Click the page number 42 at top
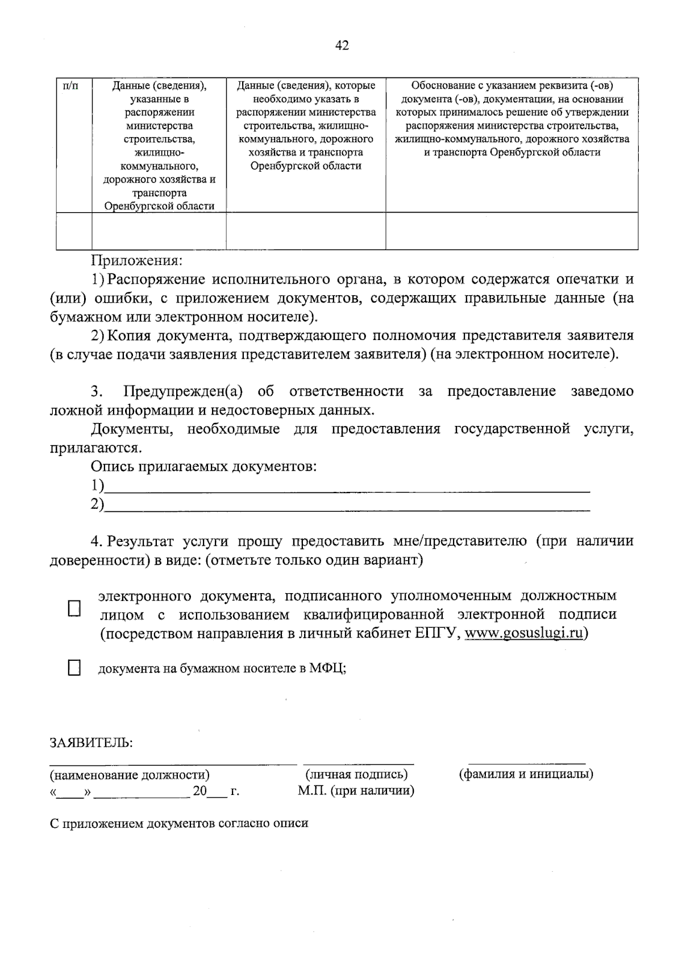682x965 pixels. pyautogui.click(x=342, y=46)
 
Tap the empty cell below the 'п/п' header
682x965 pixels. pyautogui.click(x=74, y=231)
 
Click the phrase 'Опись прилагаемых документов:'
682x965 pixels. pyautogui.click(x=203, y=467)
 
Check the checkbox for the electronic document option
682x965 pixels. pyautogui.click(x=74, y=609)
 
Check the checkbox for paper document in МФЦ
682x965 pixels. pyautogui.click(x=74, y=668)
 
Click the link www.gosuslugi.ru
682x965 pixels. pyautogui.click(x=523, y=633)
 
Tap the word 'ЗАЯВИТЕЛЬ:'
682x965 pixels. pyautogui.click(x=91, y=743)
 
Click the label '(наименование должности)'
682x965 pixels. pyautogui.click(x=130, y=775)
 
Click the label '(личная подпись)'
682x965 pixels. pyautogui.click(x=356, y=774)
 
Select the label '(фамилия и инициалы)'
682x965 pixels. pyautogui.click(x=526, y=774)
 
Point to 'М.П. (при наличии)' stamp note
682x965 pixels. pyautogui.click(x=356, y=791)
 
